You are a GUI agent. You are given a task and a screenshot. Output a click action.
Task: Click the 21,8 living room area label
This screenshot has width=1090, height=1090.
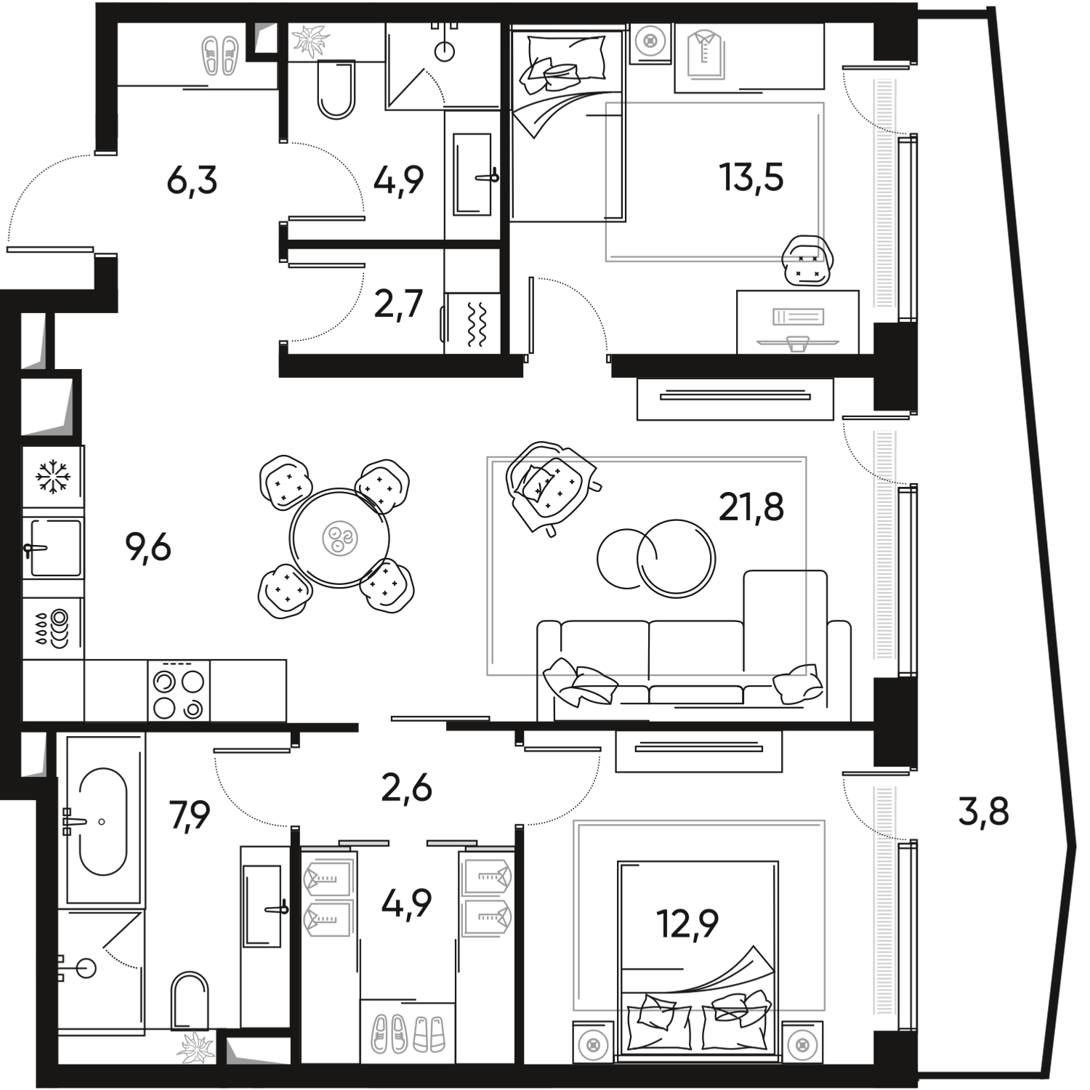(751, 507)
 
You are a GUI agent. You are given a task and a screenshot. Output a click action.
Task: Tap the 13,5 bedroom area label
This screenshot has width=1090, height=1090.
(751, 177)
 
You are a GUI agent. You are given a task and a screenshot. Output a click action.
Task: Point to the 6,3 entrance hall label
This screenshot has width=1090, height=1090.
(192, 180)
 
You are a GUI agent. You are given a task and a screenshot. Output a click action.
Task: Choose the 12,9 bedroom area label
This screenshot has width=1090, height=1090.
(687, 923)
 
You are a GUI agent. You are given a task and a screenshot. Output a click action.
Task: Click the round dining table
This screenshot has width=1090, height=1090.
(339, 538)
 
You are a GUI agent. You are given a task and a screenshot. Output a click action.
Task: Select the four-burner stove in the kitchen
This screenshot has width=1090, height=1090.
(179, 690)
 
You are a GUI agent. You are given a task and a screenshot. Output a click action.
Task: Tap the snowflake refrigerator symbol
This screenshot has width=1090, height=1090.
(53, 477)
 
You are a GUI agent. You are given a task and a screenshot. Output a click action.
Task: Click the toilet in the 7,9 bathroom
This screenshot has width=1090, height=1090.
(190, 1002)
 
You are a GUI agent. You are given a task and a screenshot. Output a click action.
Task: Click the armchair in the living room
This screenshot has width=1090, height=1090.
(552, 487)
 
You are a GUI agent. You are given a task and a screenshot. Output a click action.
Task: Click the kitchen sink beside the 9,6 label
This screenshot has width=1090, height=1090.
(53, 548)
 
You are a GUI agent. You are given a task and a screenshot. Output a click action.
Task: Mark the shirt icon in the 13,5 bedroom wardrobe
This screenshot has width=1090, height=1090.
(703, 54)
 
